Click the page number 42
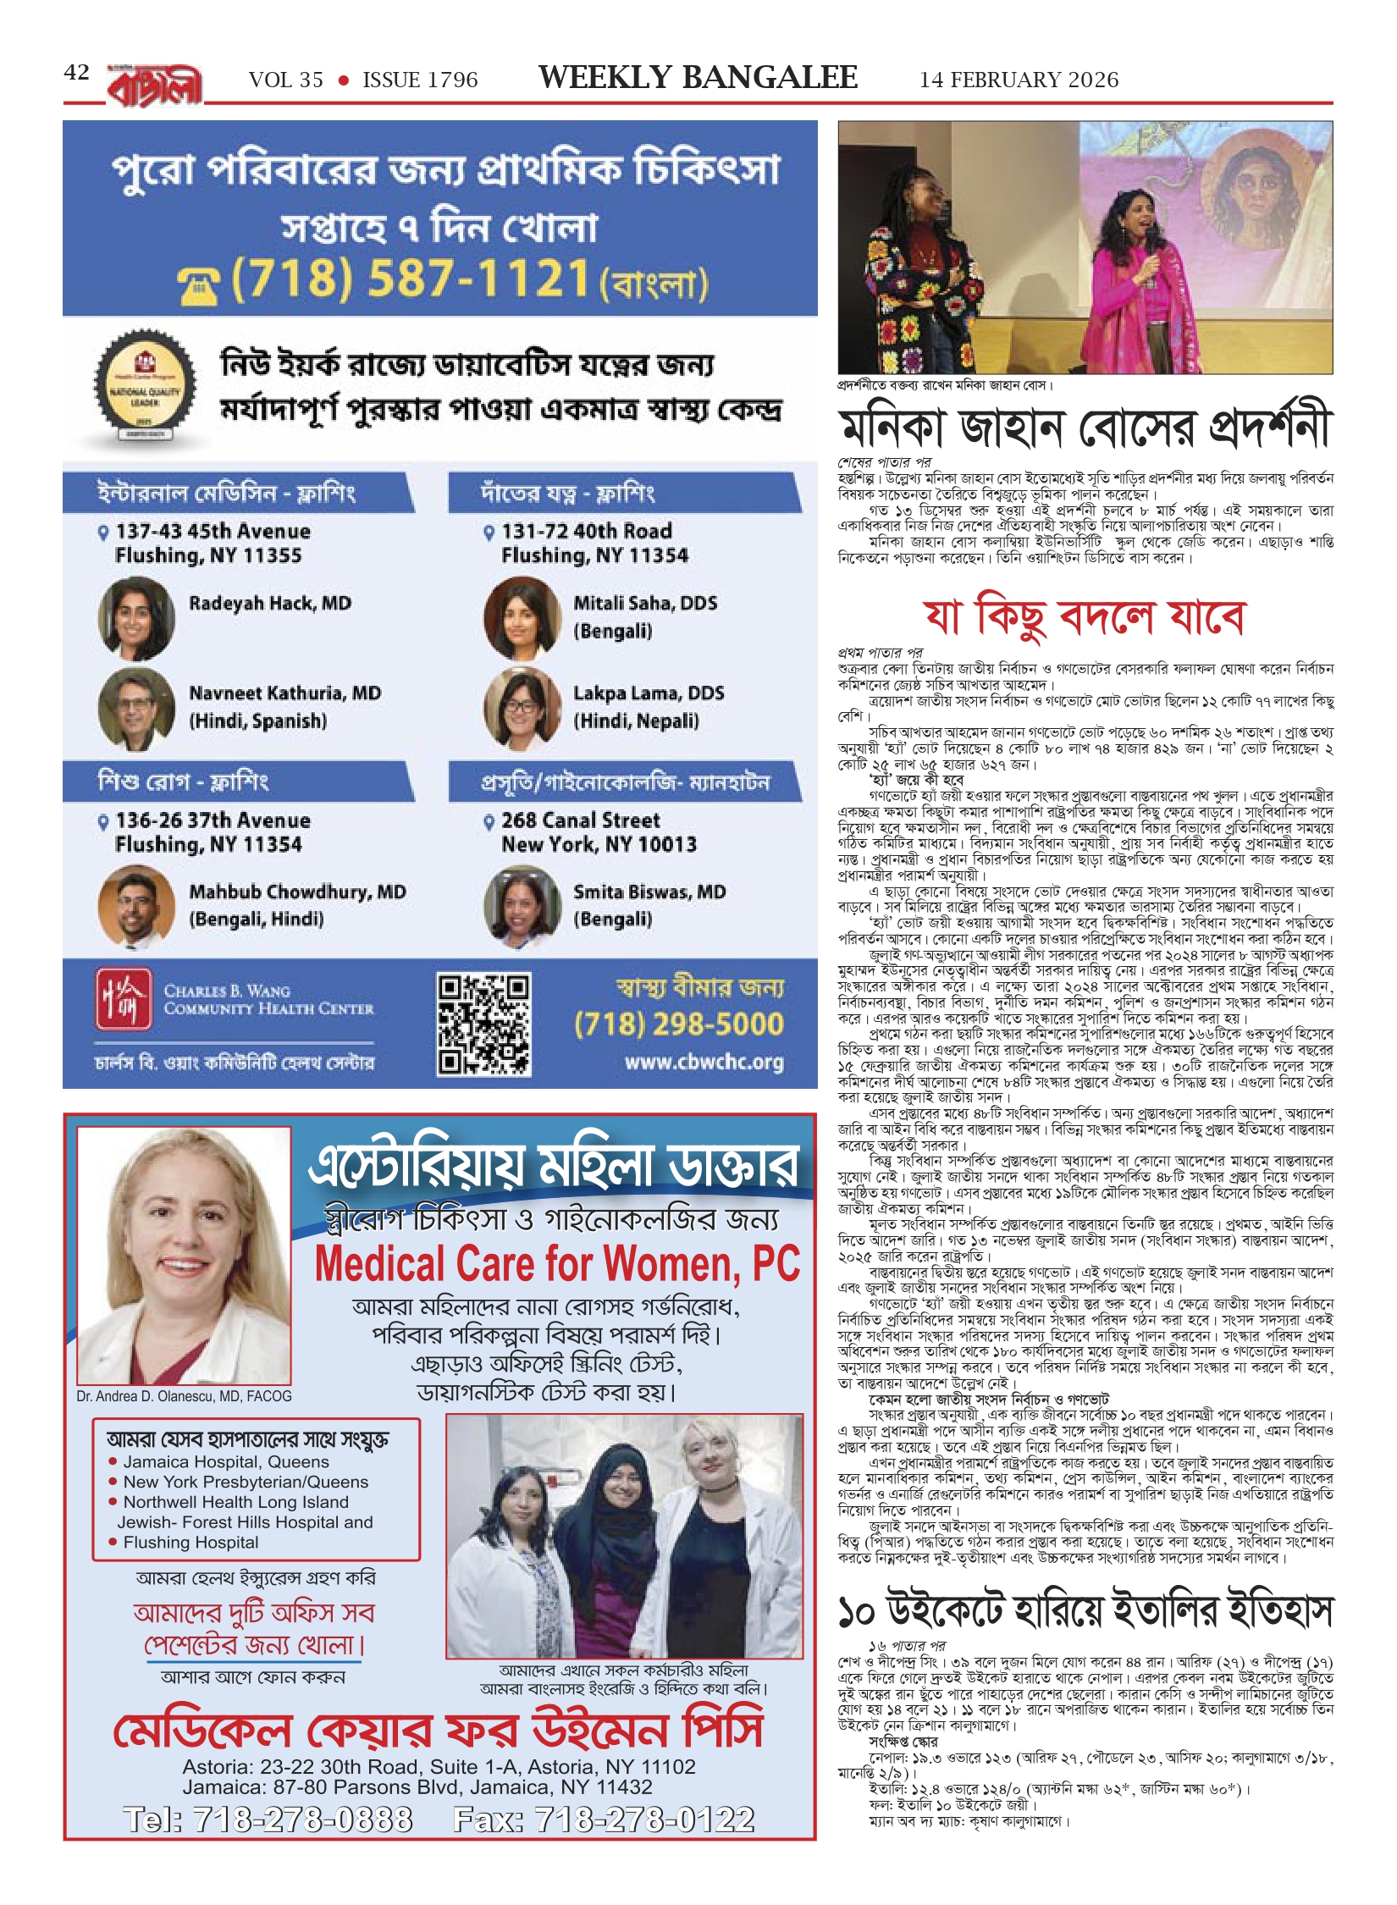point(76,73)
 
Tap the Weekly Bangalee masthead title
point(698,78)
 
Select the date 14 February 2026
point(1019,80)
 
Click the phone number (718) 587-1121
point(411,279)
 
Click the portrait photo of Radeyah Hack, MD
point(135,617)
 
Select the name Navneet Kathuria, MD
point(284,693)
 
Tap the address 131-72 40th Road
point(586,531)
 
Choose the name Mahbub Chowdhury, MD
point(297,892)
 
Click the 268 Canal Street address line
point(580,820)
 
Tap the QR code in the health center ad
point(483,1024)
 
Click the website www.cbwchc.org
point(704,1062)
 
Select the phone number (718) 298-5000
point(678,1024)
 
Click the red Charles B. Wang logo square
point(124,998)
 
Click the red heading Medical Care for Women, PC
point(557,1265)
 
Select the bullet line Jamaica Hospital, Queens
point(225,1461)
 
